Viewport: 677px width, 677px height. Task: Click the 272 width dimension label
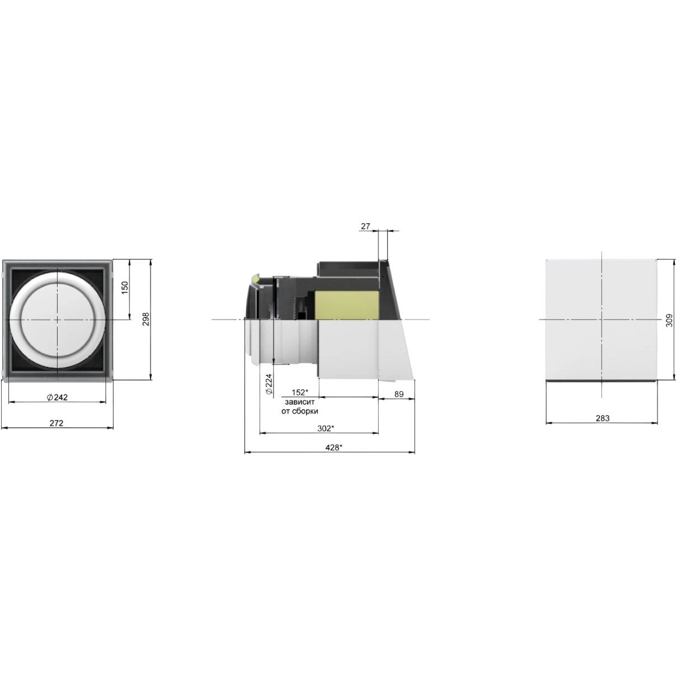tap(56, 423)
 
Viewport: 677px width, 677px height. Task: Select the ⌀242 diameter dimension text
tap(57, 397)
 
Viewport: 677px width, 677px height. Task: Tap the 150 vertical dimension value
tap(125, 288)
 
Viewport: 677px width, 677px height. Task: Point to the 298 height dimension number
tap(146, 319)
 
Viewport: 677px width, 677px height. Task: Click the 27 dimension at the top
tap(365, 226)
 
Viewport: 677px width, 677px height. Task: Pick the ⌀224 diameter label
tap(269, 385)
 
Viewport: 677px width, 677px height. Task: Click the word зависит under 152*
tap(300, 402)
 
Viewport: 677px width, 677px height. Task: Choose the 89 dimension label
tap(399, 394)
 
